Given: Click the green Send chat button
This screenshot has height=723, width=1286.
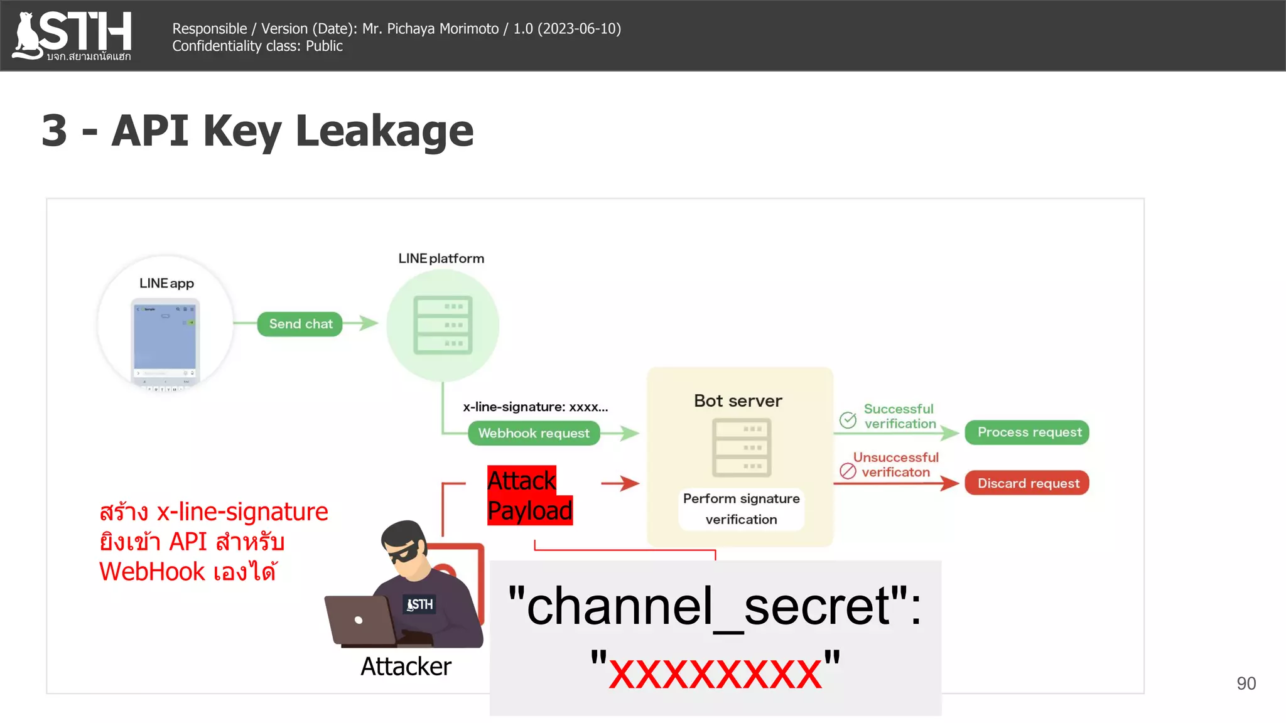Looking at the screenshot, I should click(x=300, y=324).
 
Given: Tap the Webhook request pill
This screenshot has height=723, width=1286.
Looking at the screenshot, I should click(x=534, y=433).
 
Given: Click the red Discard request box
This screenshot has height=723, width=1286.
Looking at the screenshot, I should click(x=1027, y=483).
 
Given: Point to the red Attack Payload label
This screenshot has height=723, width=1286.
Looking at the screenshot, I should click(x=529, y=496).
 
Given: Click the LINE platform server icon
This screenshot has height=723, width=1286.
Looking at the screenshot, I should click(x=443, y=325).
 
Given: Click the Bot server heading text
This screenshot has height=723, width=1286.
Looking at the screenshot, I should click(x=738, y=401).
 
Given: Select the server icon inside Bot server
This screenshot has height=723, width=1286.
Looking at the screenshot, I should click(x=742, y=447).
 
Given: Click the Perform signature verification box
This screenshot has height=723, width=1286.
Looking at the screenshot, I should click(x=741, y=509).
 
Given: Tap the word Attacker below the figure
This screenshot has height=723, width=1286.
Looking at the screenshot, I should click(x=406, y=667).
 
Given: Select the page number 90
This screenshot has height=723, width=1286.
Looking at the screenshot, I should click(x=1246, y=683).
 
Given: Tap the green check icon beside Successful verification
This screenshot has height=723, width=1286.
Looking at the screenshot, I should click(x=848, y=420).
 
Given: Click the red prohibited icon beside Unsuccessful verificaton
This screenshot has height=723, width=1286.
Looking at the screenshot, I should click(x=848, y=471).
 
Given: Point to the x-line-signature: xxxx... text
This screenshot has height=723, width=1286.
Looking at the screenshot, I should click(x=535, y=407).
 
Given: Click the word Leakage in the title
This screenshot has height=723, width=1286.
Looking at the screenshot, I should click(x=384, y=131).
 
